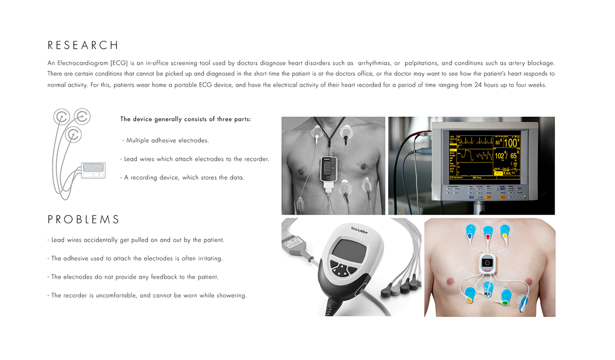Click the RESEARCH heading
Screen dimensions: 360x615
pos(83,45)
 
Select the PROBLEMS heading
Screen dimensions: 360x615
pos(84,220)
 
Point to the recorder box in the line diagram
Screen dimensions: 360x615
pos(93,170)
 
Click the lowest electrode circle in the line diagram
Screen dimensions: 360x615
pos(74,135)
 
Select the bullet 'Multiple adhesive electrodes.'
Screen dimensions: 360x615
pos(166,140)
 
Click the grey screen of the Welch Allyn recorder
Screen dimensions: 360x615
pos(346,250)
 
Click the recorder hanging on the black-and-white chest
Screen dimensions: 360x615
pos(328,168)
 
